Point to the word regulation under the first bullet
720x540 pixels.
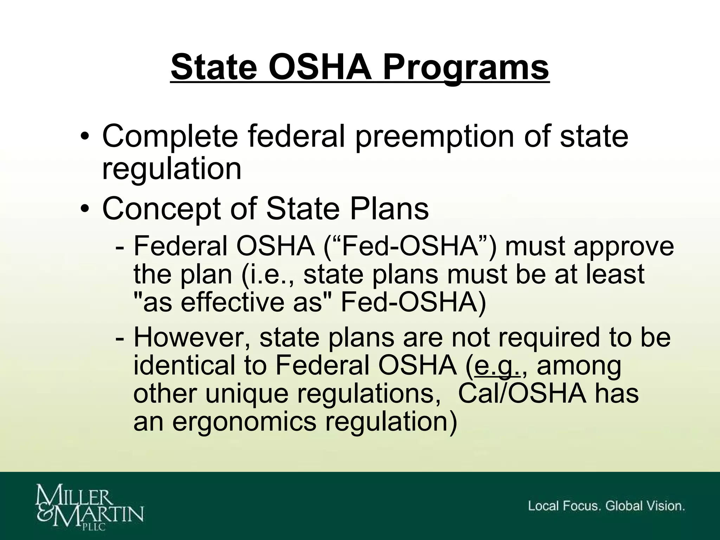pyautogui.click(x=172, y=169)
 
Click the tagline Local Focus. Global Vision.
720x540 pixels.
pyautogui.click(x=606, y=506)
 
